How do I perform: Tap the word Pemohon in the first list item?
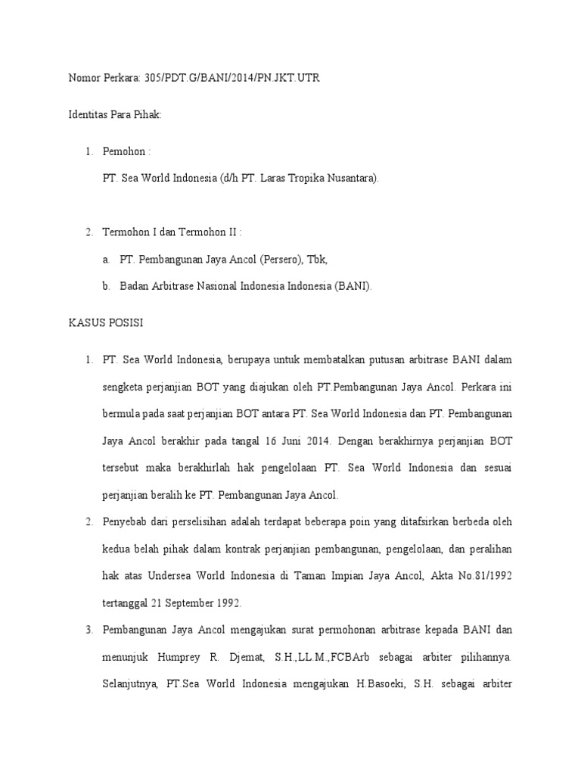coord(123,151)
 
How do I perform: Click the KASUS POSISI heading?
coord(105,322)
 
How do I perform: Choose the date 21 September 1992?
coord(188,603)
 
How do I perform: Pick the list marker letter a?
coord(106,259)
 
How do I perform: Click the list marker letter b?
coord(106,286)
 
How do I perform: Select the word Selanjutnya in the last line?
coord(129,684)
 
